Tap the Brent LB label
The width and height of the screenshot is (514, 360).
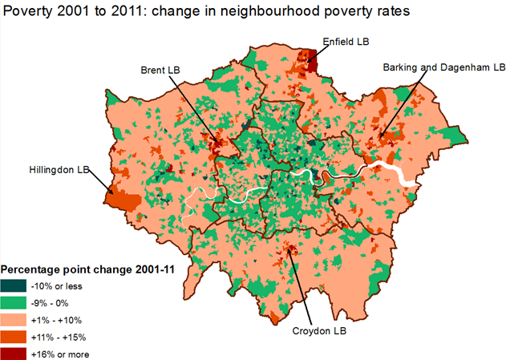pyautogui.click(x=165, y=70)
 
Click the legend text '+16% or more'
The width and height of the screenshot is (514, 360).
pyautogui.click(x=59, y=354)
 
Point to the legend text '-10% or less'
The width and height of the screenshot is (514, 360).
pyautogui.click(x=56, y=285)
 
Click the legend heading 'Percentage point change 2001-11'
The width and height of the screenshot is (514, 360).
pyautogui.click(x=94, y=269)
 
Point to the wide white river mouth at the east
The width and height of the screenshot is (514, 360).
pyautogui.click(x=397, y=172)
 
